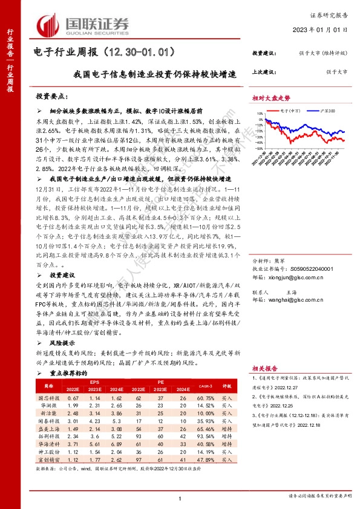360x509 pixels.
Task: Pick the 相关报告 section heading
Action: (264, 368)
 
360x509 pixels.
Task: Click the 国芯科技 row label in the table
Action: (49, 398)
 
